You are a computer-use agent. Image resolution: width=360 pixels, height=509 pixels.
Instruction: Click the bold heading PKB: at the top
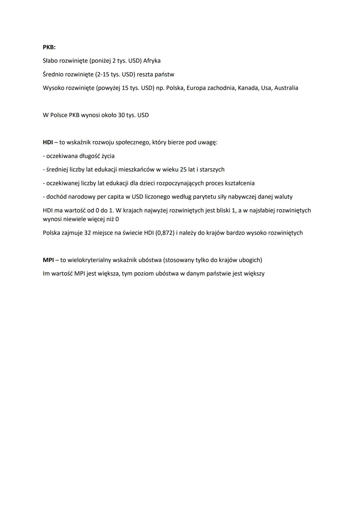49,47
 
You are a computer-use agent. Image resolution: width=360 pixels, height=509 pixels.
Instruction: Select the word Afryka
152,61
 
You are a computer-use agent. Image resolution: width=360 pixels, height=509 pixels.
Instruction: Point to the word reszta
145,74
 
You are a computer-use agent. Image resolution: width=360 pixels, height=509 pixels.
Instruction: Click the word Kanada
247,88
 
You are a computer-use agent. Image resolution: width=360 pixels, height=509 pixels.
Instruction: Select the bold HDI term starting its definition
48,142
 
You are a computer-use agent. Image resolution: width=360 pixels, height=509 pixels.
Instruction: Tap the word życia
107,156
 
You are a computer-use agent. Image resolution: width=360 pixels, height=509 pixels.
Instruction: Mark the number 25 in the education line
183,169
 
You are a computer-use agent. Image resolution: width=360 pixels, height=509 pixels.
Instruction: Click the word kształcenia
240,183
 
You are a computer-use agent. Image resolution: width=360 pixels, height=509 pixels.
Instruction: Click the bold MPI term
48,260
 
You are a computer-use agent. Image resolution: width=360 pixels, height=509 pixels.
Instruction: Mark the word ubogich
250,260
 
